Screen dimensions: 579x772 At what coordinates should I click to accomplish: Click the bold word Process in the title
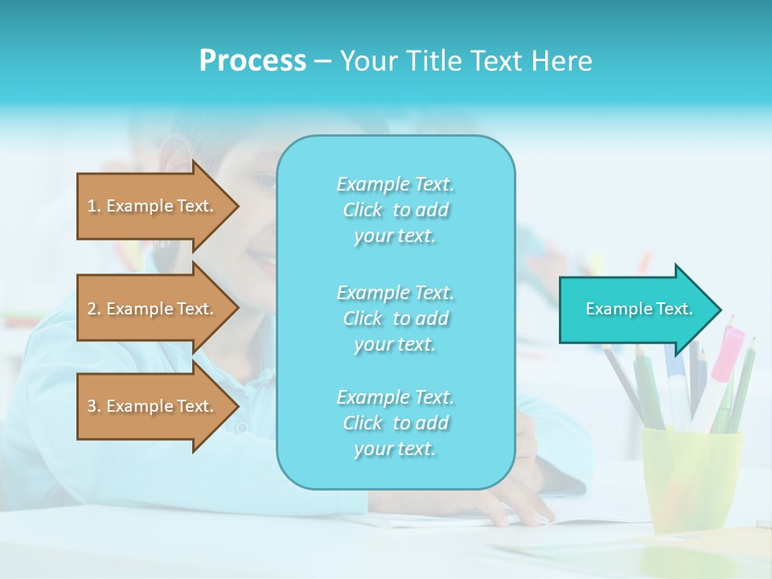pos(253,61)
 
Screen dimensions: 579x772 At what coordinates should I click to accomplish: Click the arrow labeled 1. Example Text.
pos(153,206)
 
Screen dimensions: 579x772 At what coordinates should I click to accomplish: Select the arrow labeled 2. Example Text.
pos(153,309)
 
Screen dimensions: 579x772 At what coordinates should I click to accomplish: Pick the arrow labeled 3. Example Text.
pos(153,406)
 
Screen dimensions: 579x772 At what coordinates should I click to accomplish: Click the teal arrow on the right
pos(635,310)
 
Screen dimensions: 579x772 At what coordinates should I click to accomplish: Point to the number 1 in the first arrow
pos(92,206)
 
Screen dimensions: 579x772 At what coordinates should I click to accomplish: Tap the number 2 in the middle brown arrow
pos(92,309)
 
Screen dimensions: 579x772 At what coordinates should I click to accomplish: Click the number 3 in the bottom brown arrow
pos(92,406)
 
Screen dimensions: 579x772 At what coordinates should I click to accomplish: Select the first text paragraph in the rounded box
pos(395,210)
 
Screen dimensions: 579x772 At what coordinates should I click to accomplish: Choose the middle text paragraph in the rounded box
pos(395,318)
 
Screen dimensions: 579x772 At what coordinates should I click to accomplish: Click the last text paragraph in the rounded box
pos(395,423)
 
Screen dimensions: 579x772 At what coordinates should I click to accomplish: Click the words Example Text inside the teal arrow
pos(639,309)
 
